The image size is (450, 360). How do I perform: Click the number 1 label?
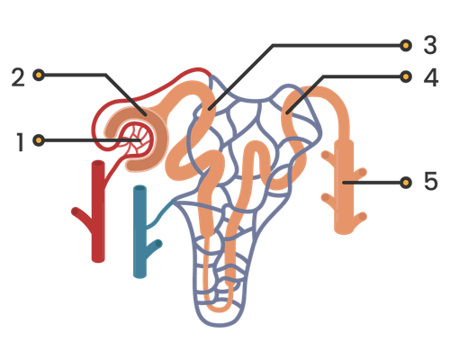click(20, 142)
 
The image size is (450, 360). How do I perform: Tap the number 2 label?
click(18, 77)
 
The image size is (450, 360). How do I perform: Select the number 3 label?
click(430, 45)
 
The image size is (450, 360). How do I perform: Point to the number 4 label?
click(431, 77)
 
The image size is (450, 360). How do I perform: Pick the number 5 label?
click(431, 181)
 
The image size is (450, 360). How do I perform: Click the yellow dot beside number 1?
click(39, 140)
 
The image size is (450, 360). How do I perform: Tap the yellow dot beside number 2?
click(39, 75)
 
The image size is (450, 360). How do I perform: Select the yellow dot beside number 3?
click(406, 46)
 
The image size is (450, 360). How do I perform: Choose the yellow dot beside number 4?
click(406, 76)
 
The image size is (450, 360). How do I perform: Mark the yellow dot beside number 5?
click(406, 183)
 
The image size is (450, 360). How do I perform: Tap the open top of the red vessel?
click(98, 164)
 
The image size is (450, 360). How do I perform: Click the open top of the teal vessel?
click(139, 189)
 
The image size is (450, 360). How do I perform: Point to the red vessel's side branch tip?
click(75, 211)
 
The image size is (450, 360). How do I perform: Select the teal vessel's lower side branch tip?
click(158, 244)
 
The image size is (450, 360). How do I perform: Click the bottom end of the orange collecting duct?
click(344, 230)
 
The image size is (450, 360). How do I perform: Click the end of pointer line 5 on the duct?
click(344, 183)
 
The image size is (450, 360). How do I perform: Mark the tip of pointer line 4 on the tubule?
click(287, 113)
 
